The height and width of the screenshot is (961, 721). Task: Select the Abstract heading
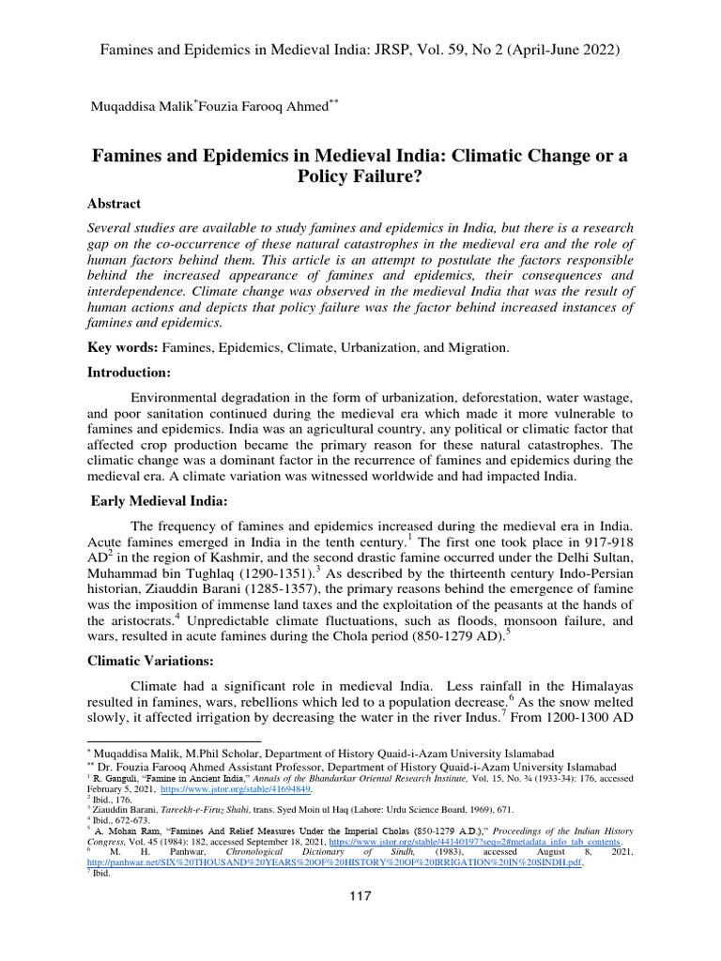pyautogui.click(x=115, y=204)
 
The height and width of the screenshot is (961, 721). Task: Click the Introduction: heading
pyautogui.click(x=130, y=373)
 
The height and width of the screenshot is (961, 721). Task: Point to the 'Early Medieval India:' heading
pyautogui.click(x=160, y=502)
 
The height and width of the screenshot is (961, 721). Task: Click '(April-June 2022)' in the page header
pyautogui.click(x=560, y=47)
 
